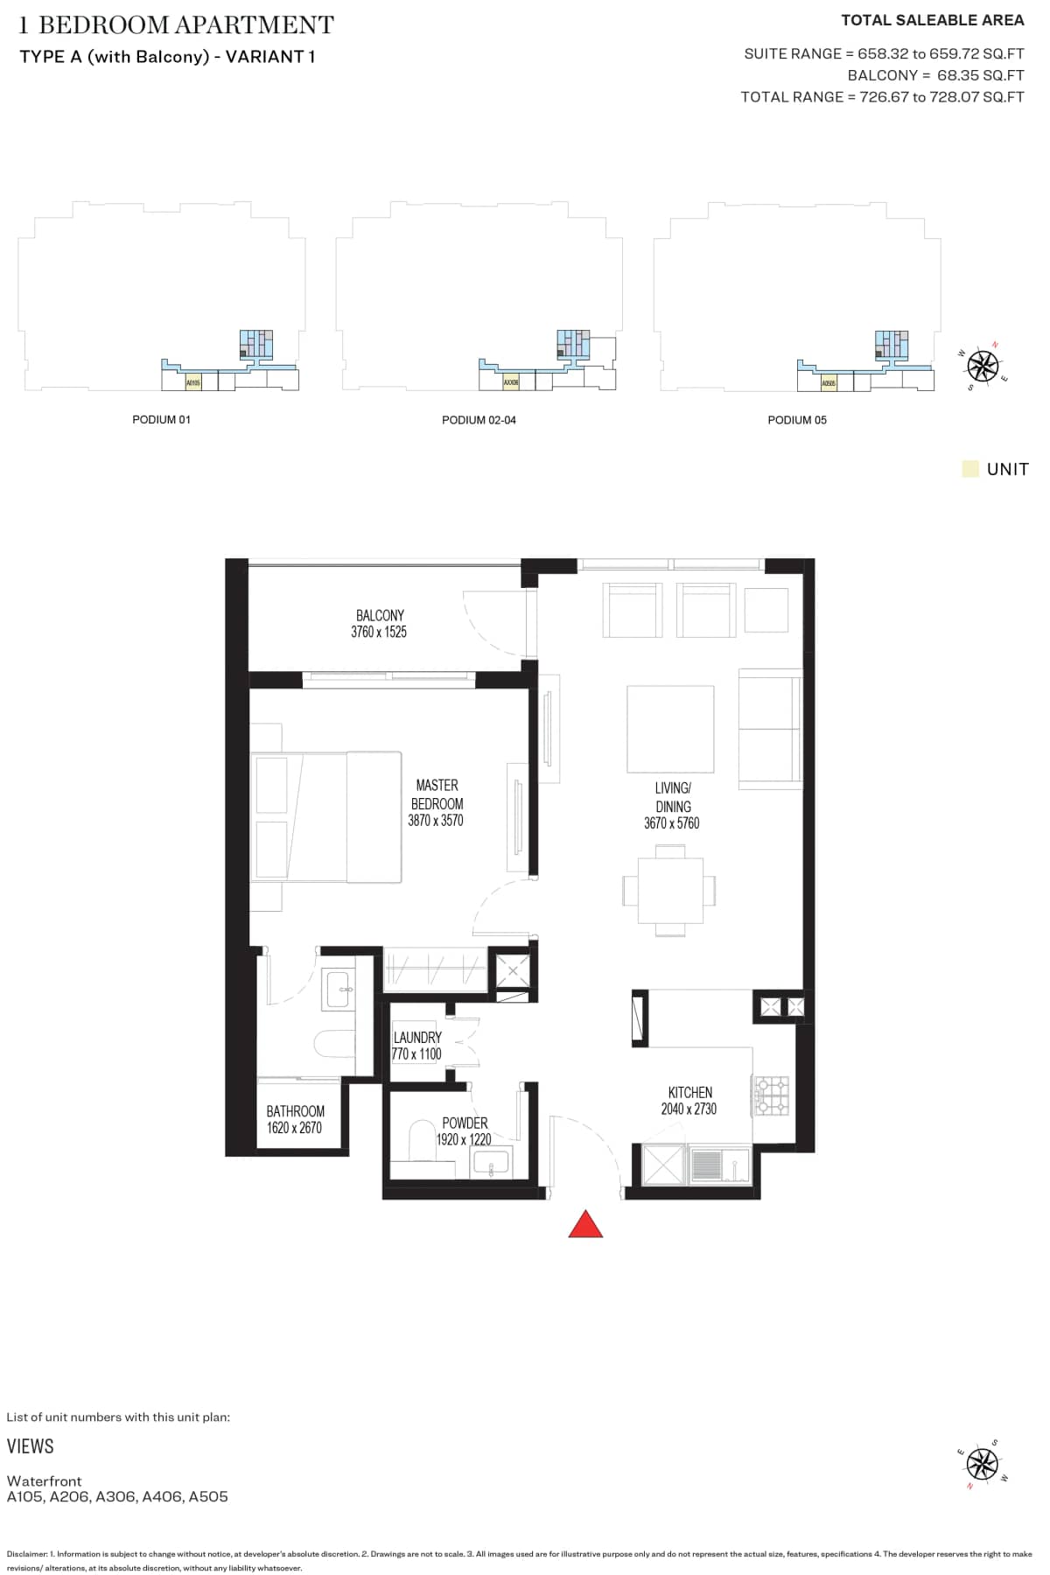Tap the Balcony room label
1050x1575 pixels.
[380, 615]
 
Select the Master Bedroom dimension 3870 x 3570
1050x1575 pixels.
[436, 821]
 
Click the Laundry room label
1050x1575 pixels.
[417, 1037]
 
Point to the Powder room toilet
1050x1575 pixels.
[423, 1140]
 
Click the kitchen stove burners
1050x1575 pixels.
[773, 1095]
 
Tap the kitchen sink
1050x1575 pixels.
[719, 1165]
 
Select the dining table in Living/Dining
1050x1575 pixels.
[670, 890]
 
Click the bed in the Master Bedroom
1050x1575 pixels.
[326, 816]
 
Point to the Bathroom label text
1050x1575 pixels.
[296, 1111]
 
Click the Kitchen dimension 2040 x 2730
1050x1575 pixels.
[689, 1109]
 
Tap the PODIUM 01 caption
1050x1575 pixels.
[161, 420]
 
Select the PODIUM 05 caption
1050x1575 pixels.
[797, 420]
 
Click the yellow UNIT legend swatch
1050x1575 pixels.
[969, 469]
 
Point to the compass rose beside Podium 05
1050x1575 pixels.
[983, 365]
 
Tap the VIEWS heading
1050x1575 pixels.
[31, 1446]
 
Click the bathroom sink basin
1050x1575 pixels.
[338, 989]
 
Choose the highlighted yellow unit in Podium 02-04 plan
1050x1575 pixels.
[511, 382]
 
